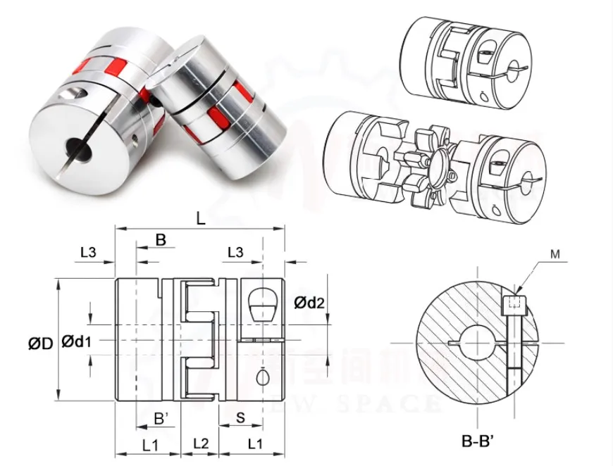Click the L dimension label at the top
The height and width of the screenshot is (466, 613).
(201, 219)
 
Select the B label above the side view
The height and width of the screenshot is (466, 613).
(161, 240)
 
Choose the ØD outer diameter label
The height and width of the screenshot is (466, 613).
(41, 344)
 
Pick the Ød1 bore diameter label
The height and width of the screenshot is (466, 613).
(78, 341)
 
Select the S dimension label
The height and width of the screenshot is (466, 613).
(241, 418)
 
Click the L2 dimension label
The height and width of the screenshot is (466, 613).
(201, 444)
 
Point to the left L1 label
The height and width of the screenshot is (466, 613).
(150, 444)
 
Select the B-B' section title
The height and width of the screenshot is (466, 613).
(481, 442)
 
